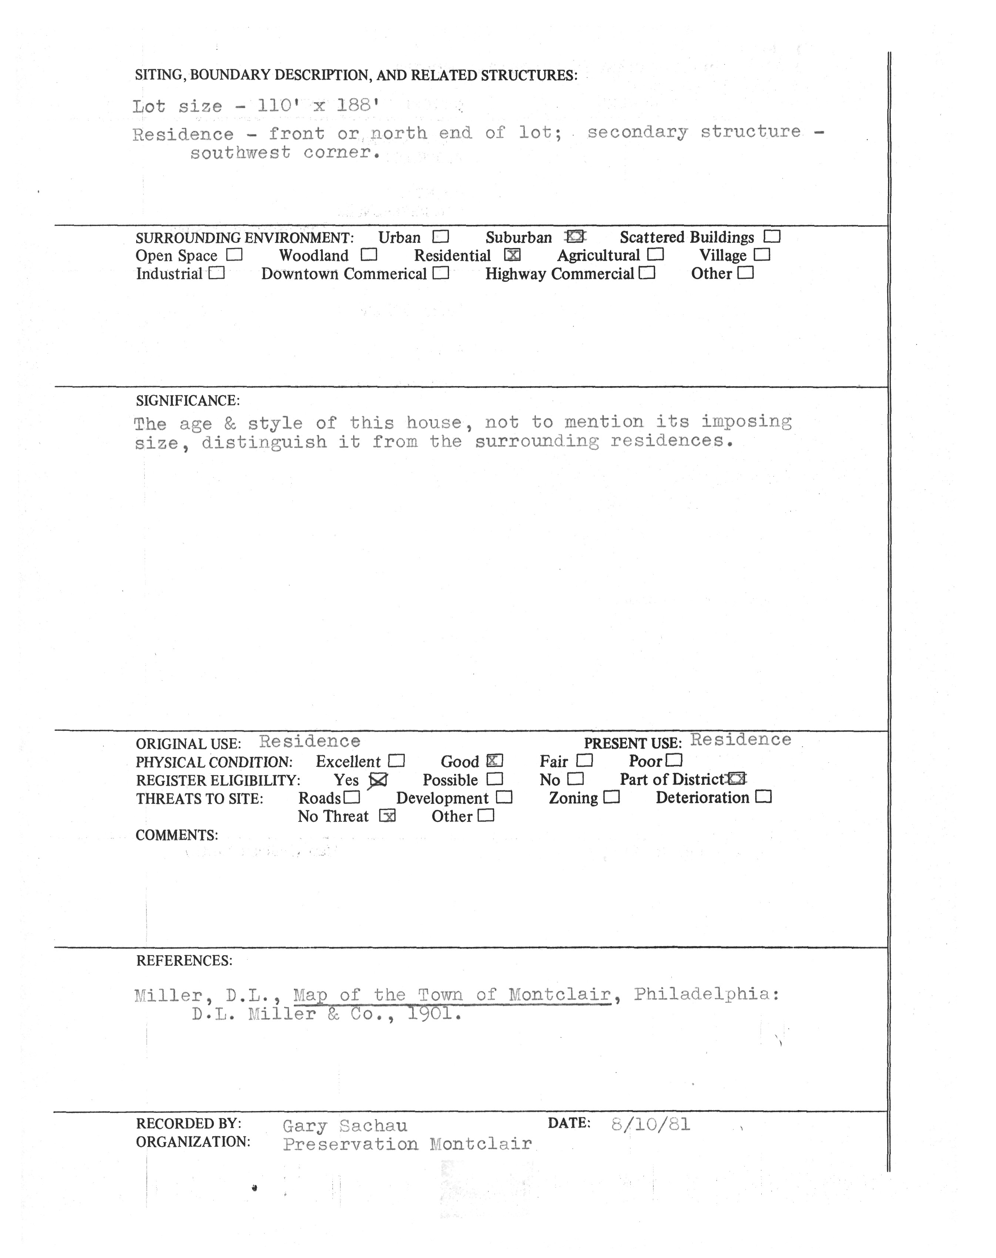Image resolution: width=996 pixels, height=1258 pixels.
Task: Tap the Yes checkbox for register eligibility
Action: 379,779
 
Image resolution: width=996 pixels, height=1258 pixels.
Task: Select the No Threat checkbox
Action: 387,816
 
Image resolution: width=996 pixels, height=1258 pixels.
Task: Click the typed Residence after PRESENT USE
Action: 741,740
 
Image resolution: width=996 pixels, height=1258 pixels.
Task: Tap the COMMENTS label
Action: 177,835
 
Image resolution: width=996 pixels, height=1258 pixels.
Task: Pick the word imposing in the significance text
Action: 747,421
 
